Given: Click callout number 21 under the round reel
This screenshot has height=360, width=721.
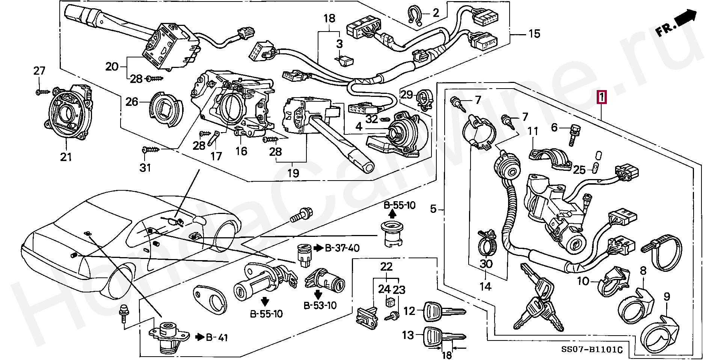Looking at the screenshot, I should click(66, 157).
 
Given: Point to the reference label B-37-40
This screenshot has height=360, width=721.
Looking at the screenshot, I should click(342, 248).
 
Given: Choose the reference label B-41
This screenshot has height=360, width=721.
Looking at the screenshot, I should click(217, 337).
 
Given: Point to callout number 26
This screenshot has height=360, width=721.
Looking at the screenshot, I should click(132, 102).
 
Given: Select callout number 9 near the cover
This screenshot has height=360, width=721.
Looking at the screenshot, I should click(667, 297).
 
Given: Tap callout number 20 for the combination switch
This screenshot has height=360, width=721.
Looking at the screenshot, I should click(112, 67).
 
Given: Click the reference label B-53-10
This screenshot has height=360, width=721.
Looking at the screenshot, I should click(320, 305).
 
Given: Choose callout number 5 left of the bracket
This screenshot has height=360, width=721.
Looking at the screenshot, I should click(433, 209).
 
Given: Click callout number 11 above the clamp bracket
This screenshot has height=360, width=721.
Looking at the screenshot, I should click(533, 131).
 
